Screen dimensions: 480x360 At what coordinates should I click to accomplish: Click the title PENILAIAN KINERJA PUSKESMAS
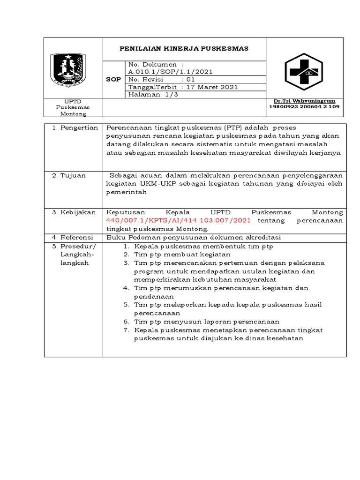pyautogui.click(x=184, y=48)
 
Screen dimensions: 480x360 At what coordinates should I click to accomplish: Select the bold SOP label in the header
pyautogui.click(x=113, y=79)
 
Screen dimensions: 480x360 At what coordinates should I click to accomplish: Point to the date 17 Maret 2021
pyautogui.click(x=212, y=87)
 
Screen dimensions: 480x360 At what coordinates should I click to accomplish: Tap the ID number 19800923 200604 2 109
pyautogui.click(x=304, y=107)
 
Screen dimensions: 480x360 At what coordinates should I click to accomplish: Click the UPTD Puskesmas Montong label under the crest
pyautogui.click(x=73, y=108)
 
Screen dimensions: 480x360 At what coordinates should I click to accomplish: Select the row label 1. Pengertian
pyautogui.click(x=75, y=127)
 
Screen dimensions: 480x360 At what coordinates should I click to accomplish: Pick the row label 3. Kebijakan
pyautogui.click(x=74, y=213)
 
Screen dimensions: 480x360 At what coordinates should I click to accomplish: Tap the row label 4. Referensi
pyautogui.click(x=74, y=238)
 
